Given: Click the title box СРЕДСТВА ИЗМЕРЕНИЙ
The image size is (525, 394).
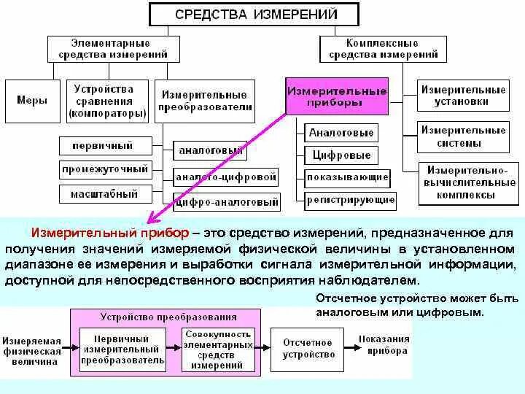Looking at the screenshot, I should (254, 14).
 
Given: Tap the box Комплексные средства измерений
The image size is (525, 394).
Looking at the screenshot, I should (383, 48).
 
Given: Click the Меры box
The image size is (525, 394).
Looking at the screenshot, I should (32, 100).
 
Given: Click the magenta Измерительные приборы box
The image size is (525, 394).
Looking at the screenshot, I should (336, 97).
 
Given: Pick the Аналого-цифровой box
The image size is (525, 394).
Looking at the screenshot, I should (226, 177).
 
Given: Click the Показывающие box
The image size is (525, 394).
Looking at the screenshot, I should (347, 177).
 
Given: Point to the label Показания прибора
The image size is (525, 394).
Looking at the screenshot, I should (383, 344).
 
